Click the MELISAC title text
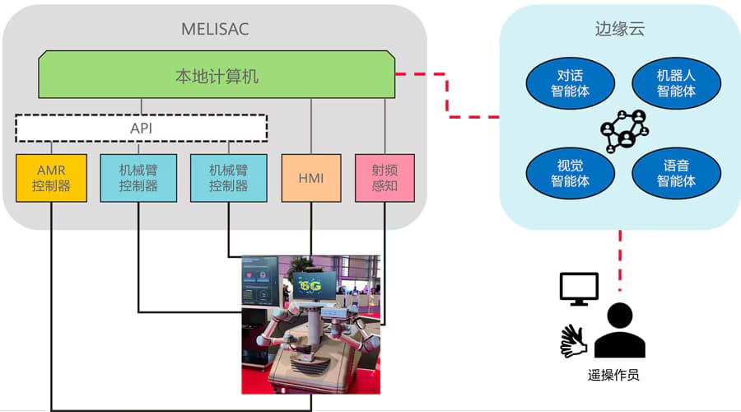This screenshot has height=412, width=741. [215, 29]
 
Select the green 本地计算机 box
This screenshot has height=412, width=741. [217, 74]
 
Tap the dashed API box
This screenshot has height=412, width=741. [142, 128]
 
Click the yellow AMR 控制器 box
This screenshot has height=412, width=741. [52, 178]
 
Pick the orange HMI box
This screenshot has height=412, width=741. [311, 178]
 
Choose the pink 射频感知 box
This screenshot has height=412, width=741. [384, 178]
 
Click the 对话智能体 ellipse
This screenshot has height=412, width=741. [570, 83]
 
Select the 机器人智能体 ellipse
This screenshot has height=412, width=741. [676, 83]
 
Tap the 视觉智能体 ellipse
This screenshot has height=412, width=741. [570, 173]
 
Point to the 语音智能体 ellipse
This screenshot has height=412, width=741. [676, 173]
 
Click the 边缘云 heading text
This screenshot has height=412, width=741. [619, 29]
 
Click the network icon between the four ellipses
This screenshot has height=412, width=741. [624, 131]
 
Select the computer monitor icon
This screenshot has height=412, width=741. [579, 289]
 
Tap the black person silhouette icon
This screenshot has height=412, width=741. [619, 330]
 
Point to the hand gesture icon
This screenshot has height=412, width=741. [573, 340]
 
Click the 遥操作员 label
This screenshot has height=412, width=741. [613, 375]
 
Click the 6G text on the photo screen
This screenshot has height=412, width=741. [310, 285]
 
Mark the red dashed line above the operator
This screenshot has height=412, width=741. [620, 260]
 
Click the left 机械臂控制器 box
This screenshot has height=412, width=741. [138, 178]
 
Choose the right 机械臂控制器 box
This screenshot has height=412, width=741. [229, 178]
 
